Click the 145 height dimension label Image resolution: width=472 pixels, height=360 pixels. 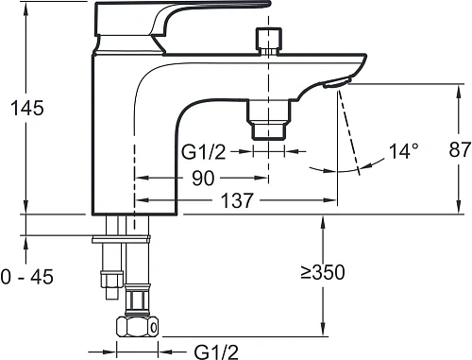(27, 108)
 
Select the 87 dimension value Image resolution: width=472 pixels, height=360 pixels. (460, 149)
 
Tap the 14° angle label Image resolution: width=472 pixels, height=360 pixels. (404, 151)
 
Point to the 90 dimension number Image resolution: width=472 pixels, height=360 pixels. (203, 179)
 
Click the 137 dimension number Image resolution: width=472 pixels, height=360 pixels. (237, 200)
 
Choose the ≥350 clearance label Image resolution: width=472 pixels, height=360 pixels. (323, 272)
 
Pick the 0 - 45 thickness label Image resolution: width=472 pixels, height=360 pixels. (27, 277)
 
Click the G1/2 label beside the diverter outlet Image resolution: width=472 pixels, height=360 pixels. (204, 152)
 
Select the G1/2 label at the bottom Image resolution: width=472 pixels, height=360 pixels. (216, 351)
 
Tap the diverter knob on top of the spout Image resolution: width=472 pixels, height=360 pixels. (268, 42)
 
